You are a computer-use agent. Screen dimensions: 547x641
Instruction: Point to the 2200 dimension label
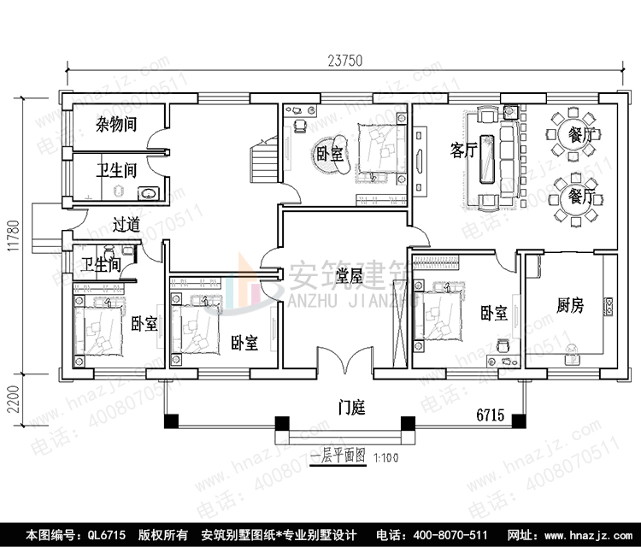click(12, 400)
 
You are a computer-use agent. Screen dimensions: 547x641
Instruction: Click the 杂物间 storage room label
click(116, 126)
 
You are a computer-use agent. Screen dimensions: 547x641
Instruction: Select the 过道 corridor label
click(126, 225)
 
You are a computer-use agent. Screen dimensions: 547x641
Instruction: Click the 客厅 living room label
click(463, 151)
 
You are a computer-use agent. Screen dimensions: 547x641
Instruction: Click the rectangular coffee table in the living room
click(488, 158)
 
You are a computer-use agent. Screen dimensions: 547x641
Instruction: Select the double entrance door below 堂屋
click(344, 367)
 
